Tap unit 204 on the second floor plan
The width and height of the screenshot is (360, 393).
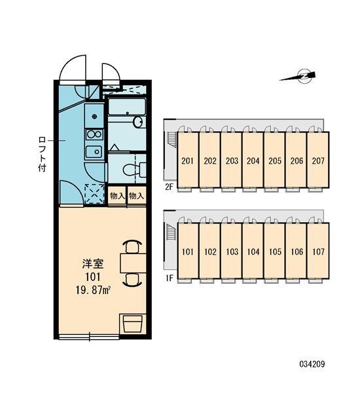(x=253, y=160)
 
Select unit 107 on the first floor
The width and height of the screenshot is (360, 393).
(x=318, y=251)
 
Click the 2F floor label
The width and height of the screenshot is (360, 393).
(x=169, y=187)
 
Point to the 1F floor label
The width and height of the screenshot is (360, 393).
(x=169, y=278)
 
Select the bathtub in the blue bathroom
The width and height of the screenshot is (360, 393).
(x=127, y=107)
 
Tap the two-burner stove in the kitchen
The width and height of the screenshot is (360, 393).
(x=94, y=134)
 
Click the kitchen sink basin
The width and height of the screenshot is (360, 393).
(x=94, y=151)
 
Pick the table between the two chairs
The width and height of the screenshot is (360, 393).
(x=133, y=263)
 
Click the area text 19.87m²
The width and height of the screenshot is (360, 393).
(x=93, y=290)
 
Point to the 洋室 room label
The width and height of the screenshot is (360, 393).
(x=93, y=264)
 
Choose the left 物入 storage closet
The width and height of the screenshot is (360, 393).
(x=117, y=196)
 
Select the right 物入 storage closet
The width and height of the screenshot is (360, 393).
(x=137, y=196)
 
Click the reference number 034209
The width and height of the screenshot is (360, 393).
(x=312, y=364)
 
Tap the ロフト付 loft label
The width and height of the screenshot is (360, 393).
(x=42, y=154)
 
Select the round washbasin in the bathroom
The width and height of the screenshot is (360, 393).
(x=137, y=122)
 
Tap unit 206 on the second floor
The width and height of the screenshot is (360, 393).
(x=297, y=160)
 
